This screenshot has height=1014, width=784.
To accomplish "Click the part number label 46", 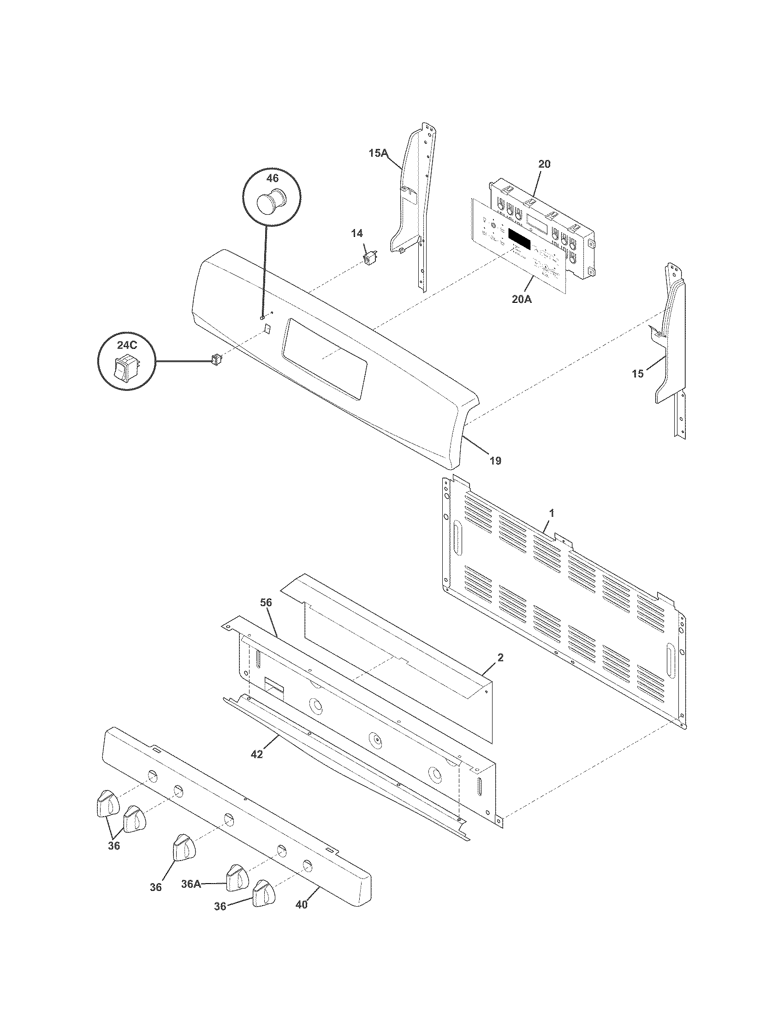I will tap(272, 178).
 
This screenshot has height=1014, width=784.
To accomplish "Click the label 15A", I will tap(378, 153).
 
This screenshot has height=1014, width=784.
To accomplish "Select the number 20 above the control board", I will tap(544, 164).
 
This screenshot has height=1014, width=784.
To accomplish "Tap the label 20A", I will tap(522, 299).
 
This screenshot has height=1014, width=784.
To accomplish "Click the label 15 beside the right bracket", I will tap(638, 373).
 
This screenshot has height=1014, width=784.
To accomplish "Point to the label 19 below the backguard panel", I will tap(495, 460).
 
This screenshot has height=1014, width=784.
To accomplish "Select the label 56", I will tap(266, 603).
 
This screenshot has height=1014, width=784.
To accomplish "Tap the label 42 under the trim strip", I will tap(257, 754).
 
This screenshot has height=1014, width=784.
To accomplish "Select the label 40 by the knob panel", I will tap(302, 904).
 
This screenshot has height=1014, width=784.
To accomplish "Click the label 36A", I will tap(191, 884).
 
